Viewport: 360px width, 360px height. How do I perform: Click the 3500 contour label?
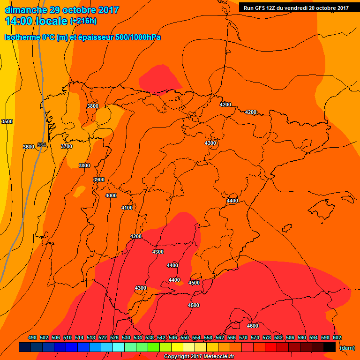click(7, 121)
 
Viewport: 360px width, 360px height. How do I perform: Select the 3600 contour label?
click(29, 147)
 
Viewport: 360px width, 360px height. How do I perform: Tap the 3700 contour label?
click(67, 146)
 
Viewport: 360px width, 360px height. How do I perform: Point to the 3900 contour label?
click(99, 180)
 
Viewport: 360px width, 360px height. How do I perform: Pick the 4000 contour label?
click(111, 195)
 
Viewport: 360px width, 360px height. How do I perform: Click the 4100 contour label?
click(127, 208)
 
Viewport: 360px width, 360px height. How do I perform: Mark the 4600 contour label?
click(253, 326)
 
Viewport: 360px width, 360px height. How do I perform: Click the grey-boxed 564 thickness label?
click(42, 145)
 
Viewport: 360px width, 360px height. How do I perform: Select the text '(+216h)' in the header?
click(83, 21)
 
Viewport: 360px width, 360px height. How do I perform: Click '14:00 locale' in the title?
click(37, 21)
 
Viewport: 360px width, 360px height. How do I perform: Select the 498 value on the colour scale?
click(32, 337)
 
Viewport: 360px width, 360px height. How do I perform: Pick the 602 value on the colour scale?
click(337, 337)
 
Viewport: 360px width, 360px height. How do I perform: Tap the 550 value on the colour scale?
click(184, 337)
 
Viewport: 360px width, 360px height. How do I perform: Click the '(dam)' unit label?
click(347, 347)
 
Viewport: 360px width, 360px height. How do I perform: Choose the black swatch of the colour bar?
click(329, 347)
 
